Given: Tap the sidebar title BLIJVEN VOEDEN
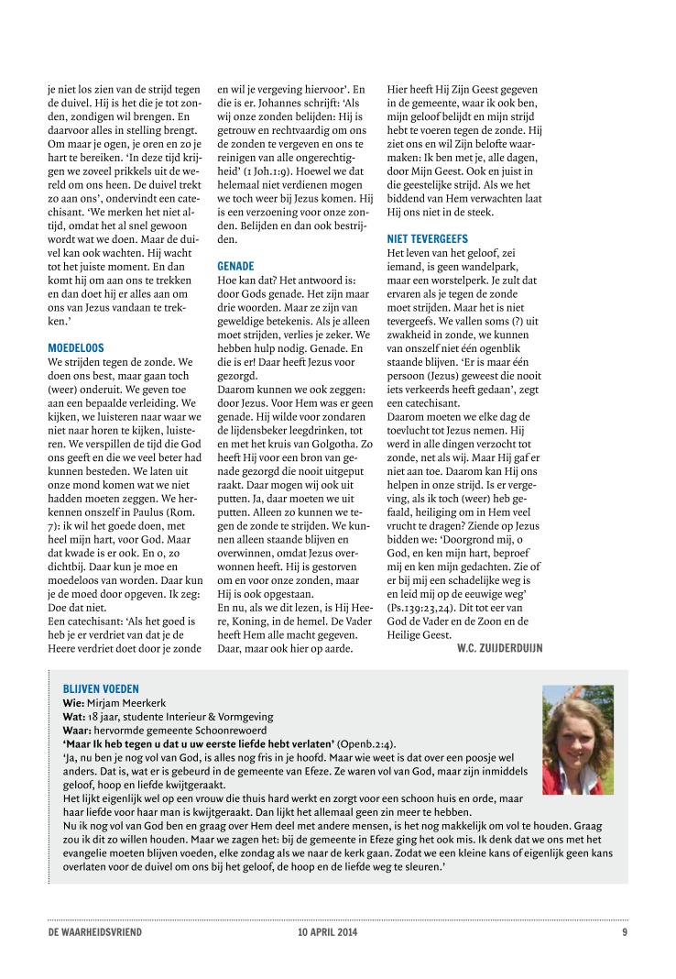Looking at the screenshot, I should [x=101, y=687].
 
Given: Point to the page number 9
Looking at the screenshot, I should [x=624, y=932].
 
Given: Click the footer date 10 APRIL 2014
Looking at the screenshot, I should [x=320, y=932].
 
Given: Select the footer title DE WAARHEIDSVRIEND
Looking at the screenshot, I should [x=95, y=932].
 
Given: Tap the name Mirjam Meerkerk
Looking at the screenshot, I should [x=124, y=702].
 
